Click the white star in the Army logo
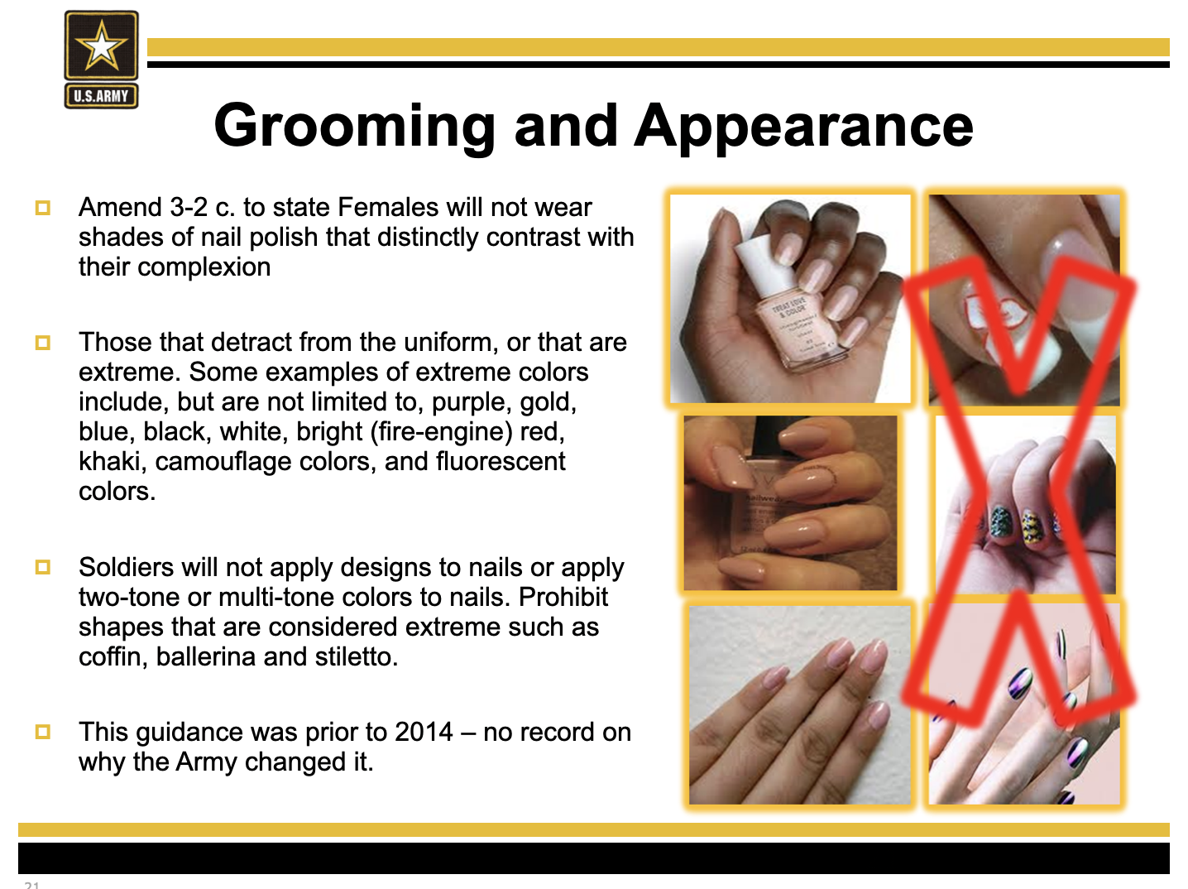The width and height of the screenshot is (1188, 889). (x=101, y=46)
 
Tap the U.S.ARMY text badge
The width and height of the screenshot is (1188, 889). (x=101, y=96)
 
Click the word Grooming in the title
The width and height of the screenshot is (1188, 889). (x=355, y=127)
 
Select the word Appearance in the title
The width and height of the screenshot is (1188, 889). (x=803, y=127)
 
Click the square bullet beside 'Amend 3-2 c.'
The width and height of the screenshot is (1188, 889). (x=43, y=208)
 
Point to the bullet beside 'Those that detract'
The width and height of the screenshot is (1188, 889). (x=43, y=343)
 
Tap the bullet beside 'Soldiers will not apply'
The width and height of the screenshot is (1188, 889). (x=43, y=567)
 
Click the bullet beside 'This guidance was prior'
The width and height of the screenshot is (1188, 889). (x=43, y=732)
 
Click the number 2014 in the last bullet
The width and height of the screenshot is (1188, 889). (x=424, y=732)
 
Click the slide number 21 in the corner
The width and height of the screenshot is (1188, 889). (x=32, y=885)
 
